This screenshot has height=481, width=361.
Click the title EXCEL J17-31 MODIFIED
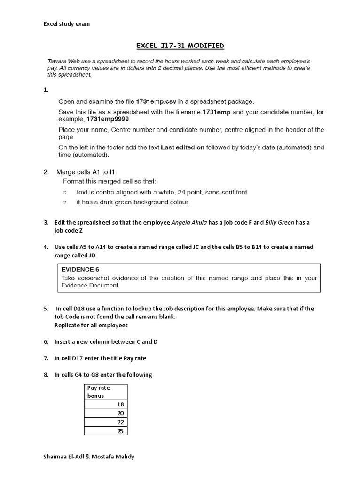(x=180, y=46)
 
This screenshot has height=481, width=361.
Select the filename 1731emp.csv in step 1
(x=156, y=101)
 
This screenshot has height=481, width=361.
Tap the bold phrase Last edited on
(x=182, y=147)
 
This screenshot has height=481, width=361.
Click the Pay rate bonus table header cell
(x=106, y=392)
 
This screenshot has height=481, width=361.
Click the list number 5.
(x=46, y=309)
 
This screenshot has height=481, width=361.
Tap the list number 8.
(x=46, y=374)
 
